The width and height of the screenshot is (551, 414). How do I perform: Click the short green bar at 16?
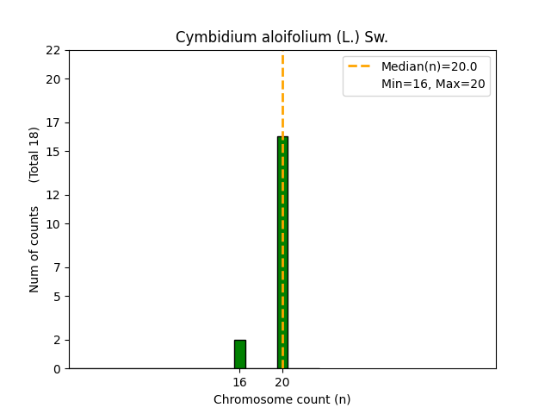point(239,354)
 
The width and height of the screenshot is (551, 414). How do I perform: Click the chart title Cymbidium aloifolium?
point(282,37)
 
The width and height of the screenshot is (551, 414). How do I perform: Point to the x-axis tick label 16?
point(239,382)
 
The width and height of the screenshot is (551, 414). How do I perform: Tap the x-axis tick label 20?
point(282,382)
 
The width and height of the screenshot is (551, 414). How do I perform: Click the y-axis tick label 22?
point(53,50)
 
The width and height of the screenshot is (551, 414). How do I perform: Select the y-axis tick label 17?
point(53,122)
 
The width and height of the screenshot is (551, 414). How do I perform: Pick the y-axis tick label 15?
point(53,152)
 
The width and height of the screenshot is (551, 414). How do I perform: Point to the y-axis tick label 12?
point(53,195)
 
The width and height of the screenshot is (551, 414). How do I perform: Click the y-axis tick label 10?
point(53,224)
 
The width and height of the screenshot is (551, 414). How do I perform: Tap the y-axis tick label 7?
point(57,267)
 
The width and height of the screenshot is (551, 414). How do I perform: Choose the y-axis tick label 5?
point(57,297)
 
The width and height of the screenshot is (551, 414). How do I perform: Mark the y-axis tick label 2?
point(57,340)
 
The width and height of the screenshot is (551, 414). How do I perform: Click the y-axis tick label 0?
point(57,369)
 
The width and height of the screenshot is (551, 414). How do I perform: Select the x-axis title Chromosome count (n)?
point(282,399)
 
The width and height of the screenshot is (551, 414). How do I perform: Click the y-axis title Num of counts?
point(34,249)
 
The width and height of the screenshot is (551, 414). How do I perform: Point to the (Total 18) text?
point(34,154)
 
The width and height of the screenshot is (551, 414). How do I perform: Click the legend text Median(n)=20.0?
point(435,66)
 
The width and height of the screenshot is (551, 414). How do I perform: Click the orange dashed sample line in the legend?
point(361,66)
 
